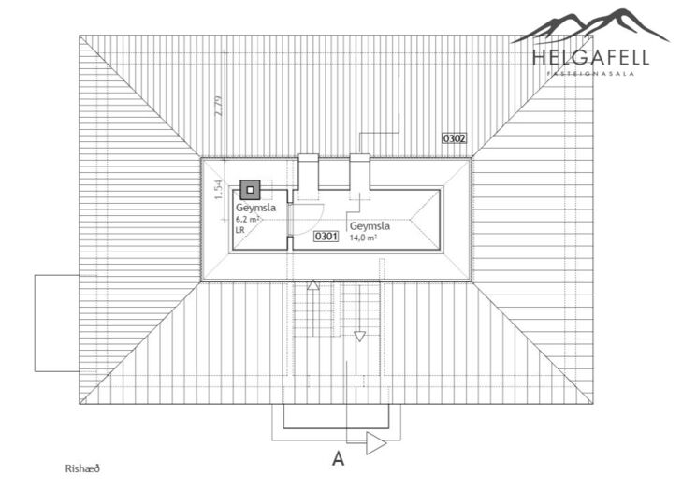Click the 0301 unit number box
click(x=326, y=236)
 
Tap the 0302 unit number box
click(x=454, y=138)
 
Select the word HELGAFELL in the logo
click(x=590, y=58)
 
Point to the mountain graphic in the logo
click(x=590, y=27)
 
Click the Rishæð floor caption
click(x=82, y=468)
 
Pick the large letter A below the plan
click(x=338, y=458)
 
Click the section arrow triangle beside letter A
click(x=376, y=443)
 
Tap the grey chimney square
click(x=250, y=190)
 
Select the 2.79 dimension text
click(x=218, y=106)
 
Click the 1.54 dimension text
click(x=218, y=190)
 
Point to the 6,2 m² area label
click(x=248, y=220)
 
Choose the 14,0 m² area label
click(x=363, y=238)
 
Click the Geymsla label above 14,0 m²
click(x=370, y=226)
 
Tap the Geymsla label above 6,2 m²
click(x=255, y=209)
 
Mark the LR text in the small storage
click(x=240, y=230)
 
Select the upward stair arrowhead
click(x=313, y=285)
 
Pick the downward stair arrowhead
click(x=359, y=337)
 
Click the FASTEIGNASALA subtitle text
click(x=590, y=74)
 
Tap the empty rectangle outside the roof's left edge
click(x=57, y=323)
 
